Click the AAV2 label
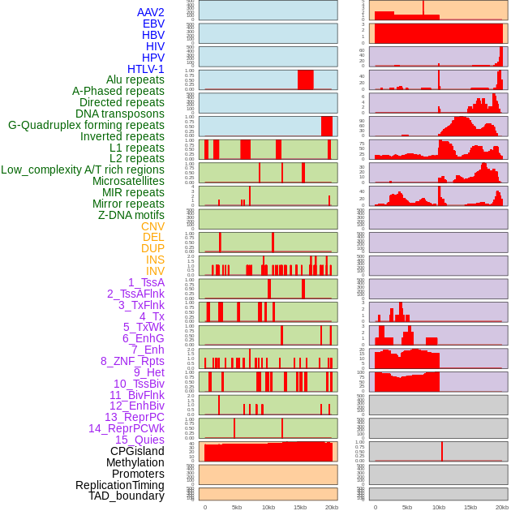point(150,12)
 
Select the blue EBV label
point(153,24)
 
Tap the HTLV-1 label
point(145,69)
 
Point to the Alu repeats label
point(135,79)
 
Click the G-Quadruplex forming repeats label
point(86,125)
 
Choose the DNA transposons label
point(120,114)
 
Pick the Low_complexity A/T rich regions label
point(83,170)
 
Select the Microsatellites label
point(128,181)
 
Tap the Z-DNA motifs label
point(131,215)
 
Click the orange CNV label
point(152,226)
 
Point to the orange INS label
point(155,260)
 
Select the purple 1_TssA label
point(146,282)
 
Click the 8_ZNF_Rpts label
point(132,361)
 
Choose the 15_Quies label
point(140,440)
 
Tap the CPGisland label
point(137,451)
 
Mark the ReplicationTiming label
point(119,485)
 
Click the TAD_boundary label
point(126,496)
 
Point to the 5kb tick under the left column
point(237,507)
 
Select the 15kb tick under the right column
point(470,507)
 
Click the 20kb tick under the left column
point(332,507)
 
